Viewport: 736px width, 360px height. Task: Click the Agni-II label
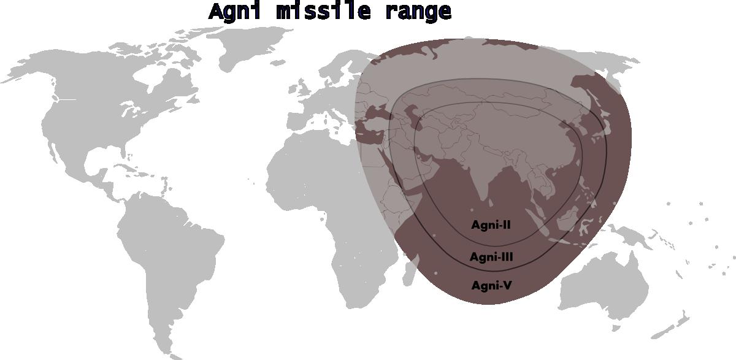pyautogui.click(x=491, y=225)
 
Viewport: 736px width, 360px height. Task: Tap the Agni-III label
pyautogui.click(x=491, y=257)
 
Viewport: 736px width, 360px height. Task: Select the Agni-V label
pyautogui.click(x=491, y=285)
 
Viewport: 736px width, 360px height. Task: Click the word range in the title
pyautogui.click(x=418, y=12)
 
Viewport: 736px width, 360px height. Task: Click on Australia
pyautogui.click(x=604, y=288)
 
